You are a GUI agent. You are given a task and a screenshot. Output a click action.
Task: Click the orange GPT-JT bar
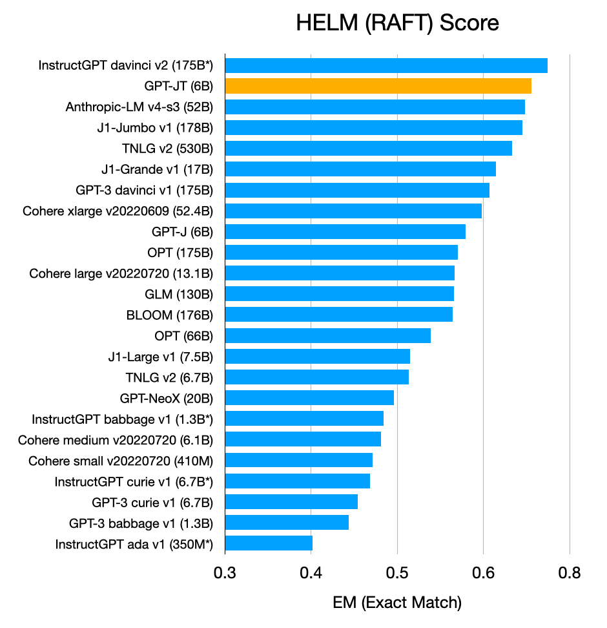378,86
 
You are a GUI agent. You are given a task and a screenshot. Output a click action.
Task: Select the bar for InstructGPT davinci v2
386,65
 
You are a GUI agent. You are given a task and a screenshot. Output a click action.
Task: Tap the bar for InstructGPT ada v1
269,543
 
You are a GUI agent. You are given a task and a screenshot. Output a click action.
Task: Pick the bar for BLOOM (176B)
338,315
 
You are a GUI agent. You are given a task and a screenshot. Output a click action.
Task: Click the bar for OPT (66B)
327,336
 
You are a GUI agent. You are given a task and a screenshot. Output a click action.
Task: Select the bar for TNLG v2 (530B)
368,149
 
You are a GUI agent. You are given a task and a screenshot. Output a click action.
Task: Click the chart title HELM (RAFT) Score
397,23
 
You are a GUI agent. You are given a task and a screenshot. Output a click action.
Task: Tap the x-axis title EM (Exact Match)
397,603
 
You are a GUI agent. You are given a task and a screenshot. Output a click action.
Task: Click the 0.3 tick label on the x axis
225,572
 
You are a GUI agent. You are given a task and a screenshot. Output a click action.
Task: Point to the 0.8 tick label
570,572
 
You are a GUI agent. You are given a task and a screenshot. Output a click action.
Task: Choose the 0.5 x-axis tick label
397,572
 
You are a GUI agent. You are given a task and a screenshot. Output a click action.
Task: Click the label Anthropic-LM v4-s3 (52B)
139,107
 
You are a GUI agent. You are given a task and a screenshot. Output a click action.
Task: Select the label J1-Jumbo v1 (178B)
155,127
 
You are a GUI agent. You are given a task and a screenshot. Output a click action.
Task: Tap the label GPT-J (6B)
182,231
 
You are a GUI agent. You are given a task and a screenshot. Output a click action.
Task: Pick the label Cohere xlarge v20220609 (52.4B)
118,211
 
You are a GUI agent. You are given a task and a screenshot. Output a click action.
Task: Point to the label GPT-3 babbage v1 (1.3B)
141,523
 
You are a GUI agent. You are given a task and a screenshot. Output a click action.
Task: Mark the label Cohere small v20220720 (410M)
121,461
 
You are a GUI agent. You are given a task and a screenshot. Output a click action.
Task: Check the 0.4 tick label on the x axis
311,572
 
